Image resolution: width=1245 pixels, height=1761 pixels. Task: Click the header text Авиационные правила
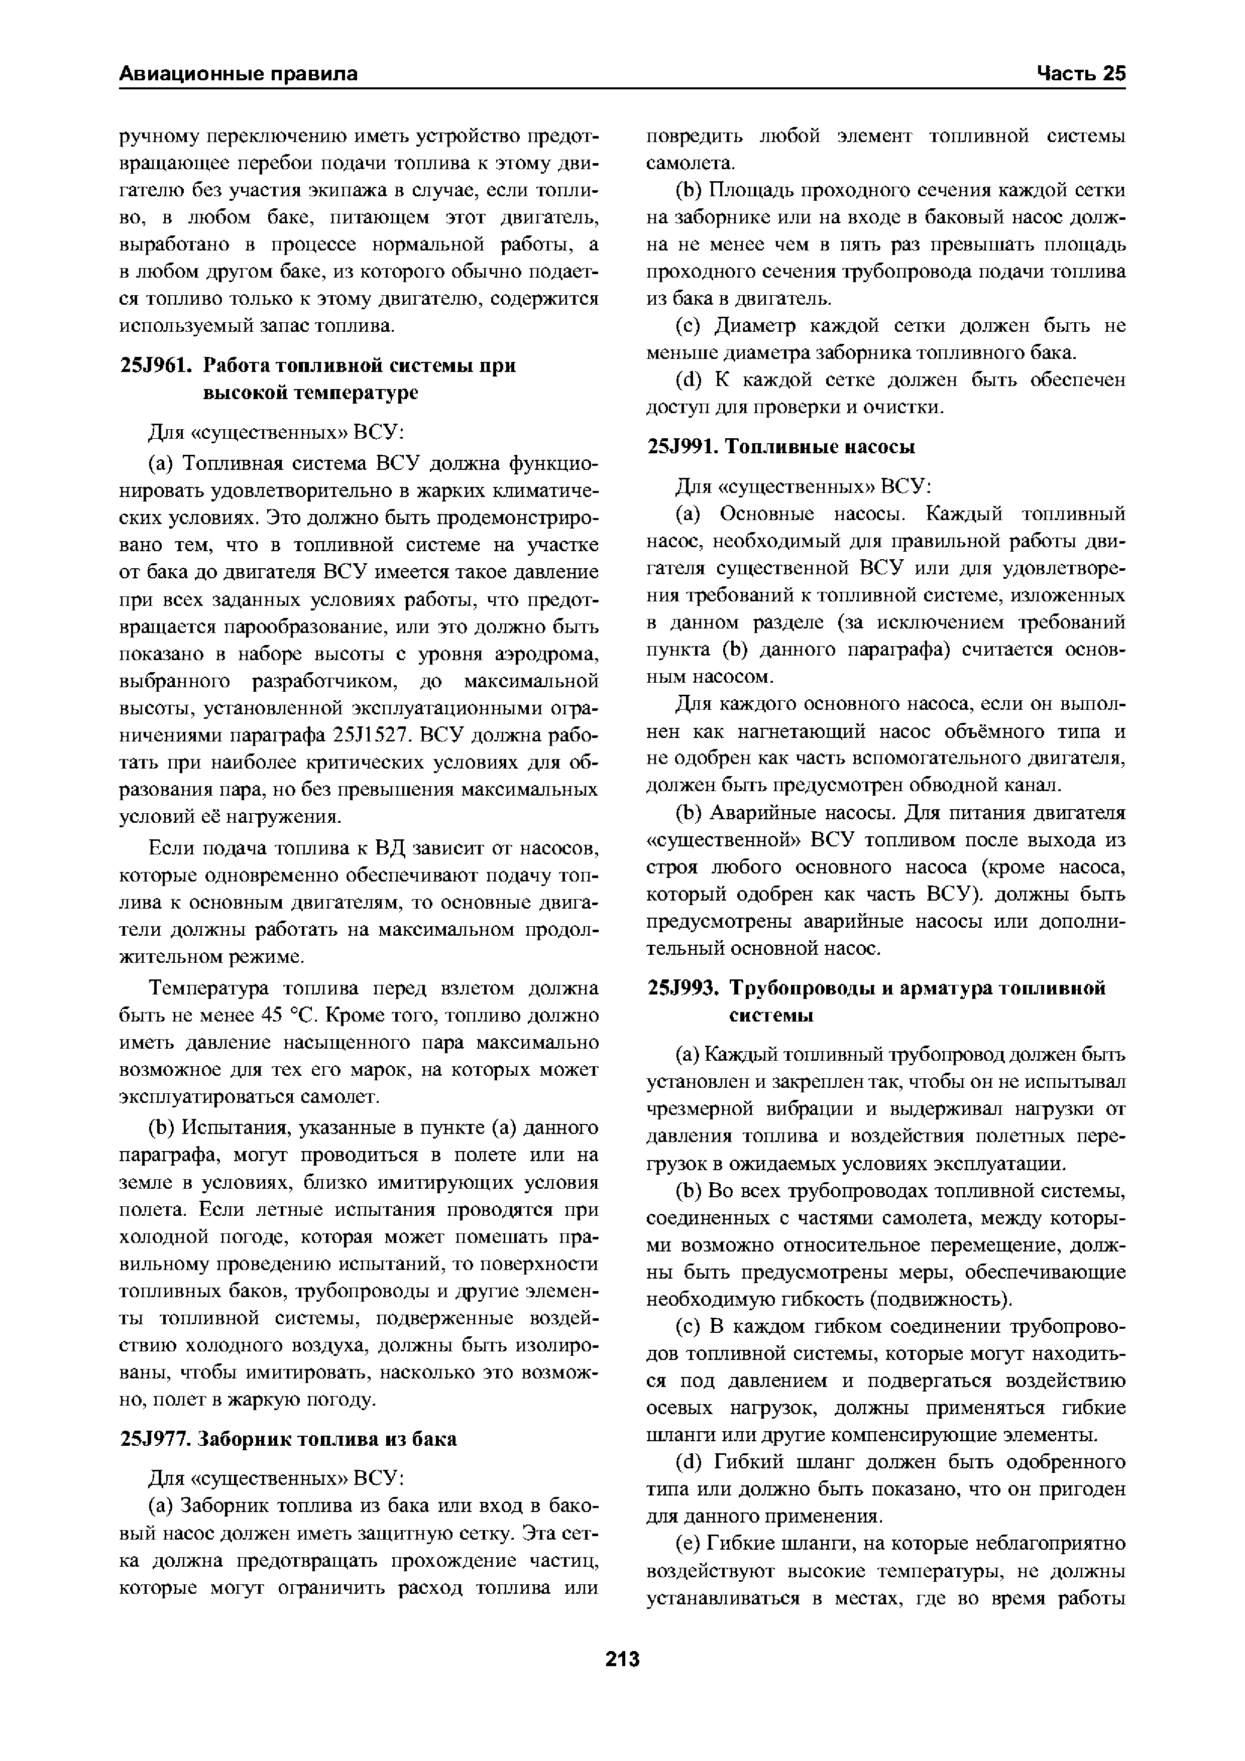coord(239,74)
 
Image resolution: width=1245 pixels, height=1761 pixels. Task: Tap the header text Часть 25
coord(1081,74)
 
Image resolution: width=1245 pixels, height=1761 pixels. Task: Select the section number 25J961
coord(156,366)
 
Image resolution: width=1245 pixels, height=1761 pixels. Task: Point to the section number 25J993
coord(682,988)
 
